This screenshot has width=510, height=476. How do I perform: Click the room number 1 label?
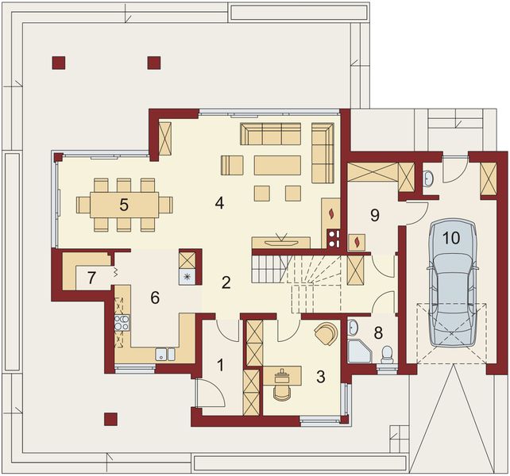(x=219, y=366)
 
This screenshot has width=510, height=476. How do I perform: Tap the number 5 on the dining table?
(x=124, y=204)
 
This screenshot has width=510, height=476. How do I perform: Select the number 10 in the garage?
(x=451, y=237)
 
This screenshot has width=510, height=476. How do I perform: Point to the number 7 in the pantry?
(x=92, y=278)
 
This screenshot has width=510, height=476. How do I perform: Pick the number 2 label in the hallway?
(x=226, y=282)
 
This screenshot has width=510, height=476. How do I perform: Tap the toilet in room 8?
(x=387, y=353)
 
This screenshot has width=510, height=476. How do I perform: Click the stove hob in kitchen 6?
(x=122, y=322)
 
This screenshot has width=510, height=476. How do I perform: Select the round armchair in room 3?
(x=325, y=334)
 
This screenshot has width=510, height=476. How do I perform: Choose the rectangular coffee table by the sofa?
(x=277, y=165)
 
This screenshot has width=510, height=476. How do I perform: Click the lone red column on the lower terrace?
(x=110, y=417)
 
